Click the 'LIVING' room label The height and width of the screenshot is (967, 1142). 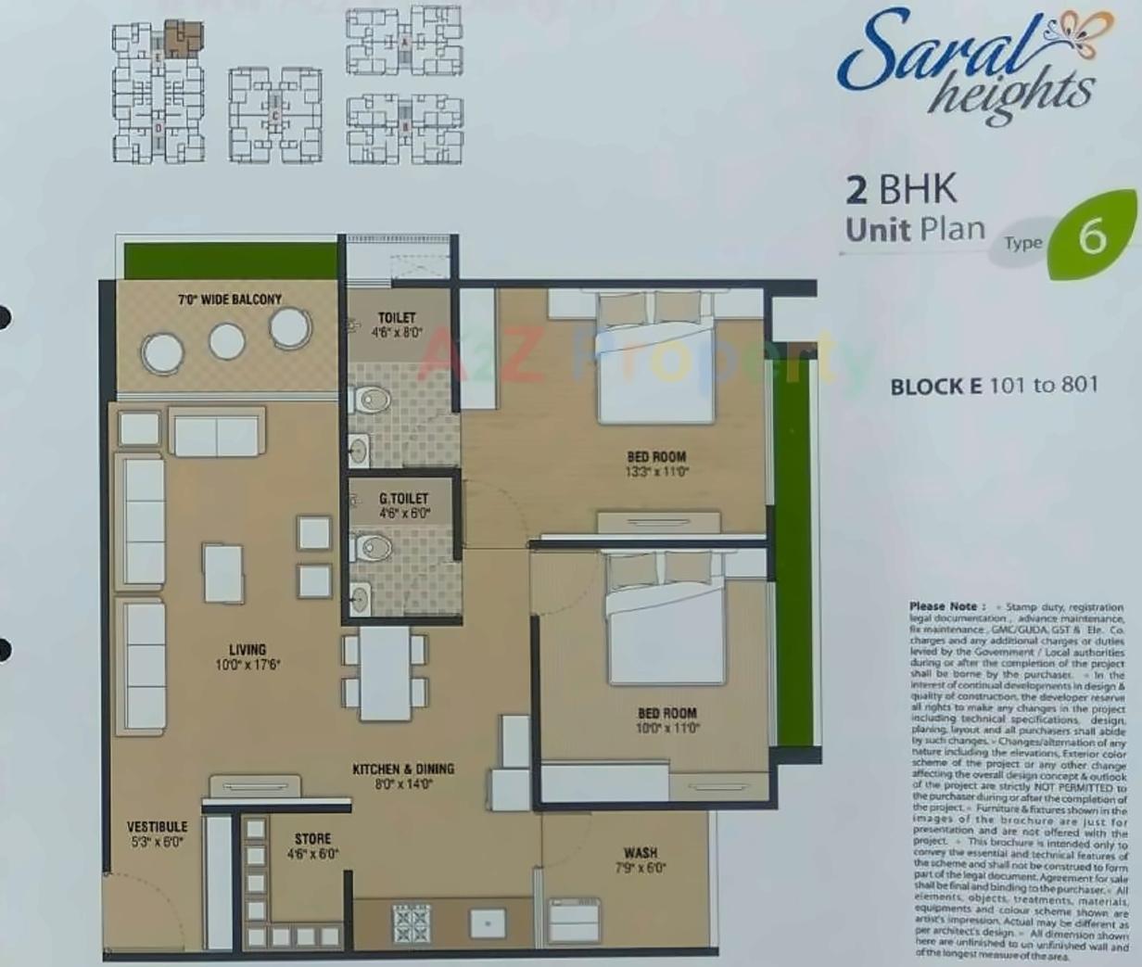pyautogui.click(x=247, y=649)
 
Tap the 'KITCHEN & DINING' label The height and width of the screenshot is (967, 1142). pyautogui.click(x=403, y=769)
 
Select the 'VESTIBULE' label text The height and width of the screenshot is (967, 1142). pyautogui.click(x=157, y=826)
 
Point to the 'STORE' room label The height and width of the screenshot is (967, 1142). pyautogui.click(x=312, y=838)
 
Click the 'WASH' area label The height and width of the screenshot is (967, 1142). pyautogui.click(x=641, y=852)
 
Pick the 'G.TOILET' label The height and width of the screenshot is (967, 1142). pyautogui.click(x=403, y=499)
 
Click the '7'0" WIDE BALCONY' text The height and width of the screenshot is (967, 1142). pyautogui.click(x=230, y=299)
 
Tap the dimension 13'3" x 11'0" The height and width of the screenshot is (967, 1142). pyautogui.click(x=657, y=471)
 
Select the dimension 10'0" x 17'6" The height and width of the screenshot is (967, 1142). pyautogui.click(x=247, y=664)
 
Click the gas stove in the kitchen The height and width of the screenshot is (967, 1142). pyautogui.click(x=411, y=922)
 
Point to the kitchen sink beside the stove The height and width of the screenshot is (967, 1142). pyautogui.click(x=488, y=922)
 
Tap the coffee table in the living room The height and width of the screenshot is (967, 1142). pyautogui.click(x=223, y=573)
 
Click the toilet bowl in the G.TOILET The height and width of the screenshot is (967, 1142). pyautogui.click(x=373, y=547)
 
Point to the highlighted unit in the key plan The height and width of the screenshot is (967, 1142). pyautogui.click(x=184, y=39)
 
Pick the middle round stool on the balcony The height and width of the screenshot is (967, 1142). pyautogui.click(x=227, y=341)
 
